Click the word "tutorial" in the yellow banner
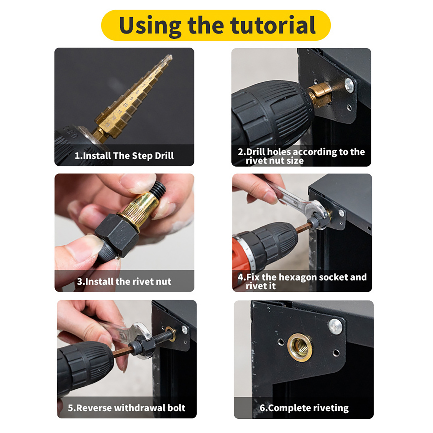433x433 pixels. pyautogui.click(x=273, y=25)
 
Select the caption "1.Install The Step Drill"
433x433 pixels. pyautogui.click(x=124, y=156)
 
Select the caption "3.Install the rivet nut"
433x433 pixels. pyautogui.click(x=124, y=281)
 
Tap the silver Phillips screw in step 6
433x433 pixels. pyautogui.click(x=335, y=326)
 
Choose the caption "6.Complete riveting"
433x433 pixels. pyautogui.click(x=304, y=408)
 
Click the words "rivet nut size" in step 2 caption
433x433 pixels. pyautogui.click(x=275, y=160)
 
